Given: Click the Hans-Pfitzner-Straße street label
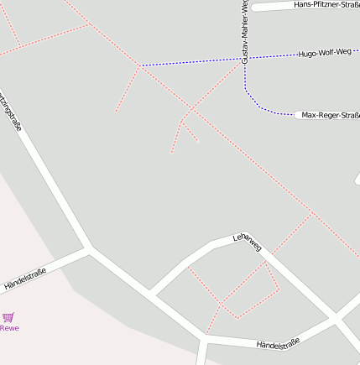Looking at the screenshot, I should click(326, 5).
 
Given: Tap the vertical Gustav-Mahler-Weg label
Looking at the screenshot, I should click(245, 32).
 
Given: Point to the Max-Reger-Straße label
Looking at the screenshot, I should click(331, 115).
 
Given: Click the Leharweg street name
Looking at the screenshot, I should click(248, 242).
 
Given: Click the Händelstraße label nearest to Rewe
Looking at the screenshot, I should click(24, 279).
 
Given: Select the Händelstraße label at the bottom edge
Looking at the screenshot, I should click(278, 344).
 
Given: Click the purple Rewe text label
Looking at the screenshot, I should click(9, 328).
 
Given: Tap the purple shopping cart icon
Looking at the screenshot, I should click(8, 317).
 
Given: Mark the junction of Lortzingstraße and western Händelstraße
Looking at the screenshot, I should click(88, 248).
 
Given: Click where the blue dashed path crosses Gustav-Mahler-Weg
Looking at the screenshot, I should click(245, 59).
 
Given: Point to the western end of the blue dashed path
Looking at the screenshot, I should click(141, 65).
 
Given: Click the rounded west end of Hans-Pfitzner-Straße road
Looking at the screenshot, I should click(254, 7).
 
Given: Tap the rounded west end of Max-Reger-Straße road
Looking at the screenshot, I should click(299, 115).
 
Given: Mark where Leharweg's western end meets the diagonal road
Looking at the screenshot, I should click(153, 294).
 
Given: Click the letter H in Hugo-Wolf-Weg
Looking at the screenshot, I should click(301, 55).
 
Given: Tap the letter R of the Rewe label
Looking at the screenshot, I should click(3, 328).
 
